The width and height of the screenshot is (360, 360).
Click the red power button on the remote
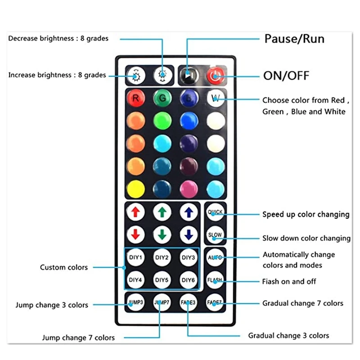coord(215,75)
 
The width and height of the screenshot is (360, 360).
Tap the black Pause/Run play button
coord(189,75)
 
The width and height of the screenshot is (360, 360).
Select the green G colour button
coord(162,98)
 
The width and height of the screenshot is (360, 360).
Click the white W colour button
coord(215,98)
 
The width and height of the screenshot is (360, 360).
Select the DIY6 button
coord(189,280)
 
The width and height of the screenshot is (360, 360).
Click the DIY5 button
coord(162,280)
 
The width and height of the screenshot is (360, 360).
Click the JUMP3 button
coord(135,302)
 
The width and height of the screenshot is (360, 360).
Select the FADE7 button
coord(215,302)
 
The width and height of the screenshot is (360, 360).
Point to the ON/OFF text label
coord(286,76)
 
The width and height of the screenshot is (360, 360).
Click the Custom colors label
coord(64,267)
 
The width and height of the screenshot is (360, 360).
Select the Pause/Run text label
coord(294,39)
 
